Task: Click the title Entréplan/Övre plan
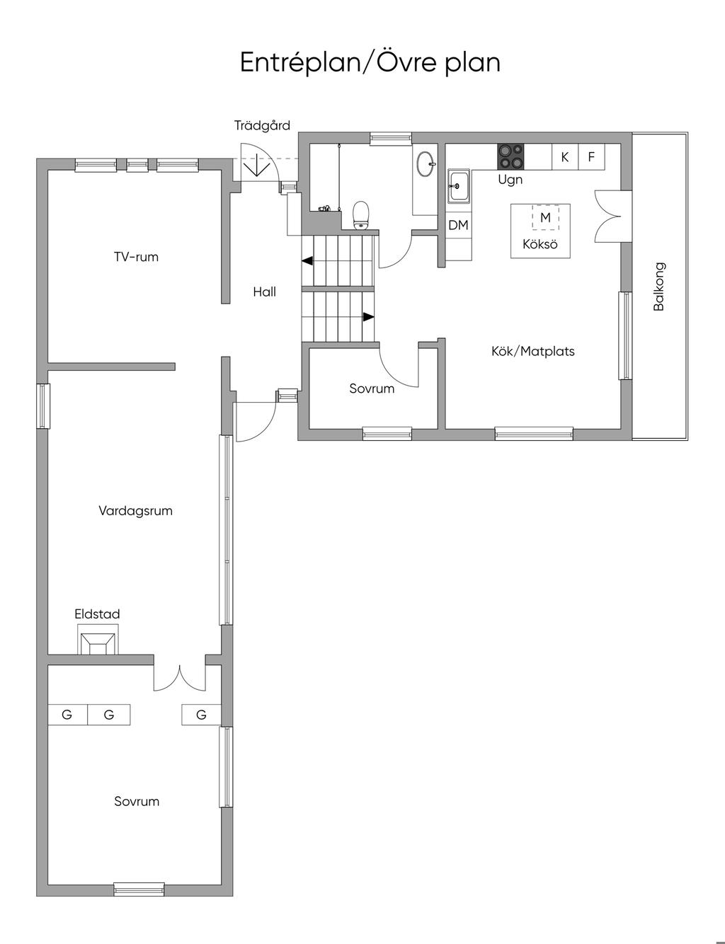370,62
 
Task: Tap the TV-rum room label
136,257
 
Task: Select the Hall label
264,292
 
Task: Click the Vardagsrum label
136,510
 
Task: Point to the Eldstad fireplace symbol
98,639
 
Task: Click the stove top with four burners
510,156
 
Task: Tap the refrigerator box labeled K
565,157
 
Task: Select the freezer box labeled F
592,157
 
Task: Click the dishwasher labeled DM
459,225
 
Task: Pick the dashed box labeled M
545,217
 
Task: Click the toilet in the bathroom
361,214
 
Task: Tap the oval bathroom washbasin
426,163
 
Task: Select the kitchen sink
459,187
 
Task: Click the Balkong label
659,287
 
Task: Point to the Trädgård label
262,125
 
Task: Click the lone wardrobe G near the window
201,714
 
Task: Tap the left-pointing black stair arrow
307,261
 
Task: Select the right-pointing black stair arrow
369,317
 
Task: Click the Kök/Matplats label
533,351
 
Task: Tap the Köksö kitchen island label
540,243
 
